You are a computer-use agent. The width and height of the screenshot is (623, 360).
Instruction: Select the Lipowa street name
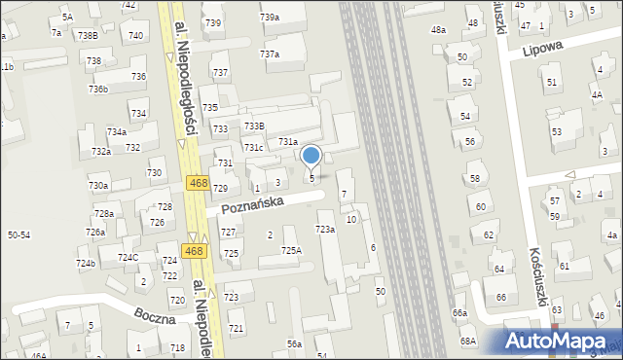tap(543, 49)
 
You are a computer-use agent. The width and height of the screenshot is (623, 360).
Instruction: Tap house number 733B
tap(254, 126)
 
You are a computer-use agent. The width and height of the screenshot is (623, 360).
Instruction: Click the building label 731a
tap(287, 142)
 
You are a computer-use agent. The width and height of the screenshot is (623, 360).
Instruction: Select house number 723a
tap(325, 230)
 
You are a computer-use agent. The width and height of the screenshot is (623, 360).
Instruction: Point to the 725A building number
tap(292, 251)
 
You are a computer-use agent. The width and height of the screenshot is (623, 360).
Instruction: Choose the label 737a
tap(270, 54)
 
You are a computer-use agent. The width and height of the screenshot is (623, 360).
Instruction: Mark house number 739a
tap(270, 18)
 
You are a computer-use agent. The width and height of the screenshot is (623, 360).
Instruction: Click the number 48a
tap(439, 30)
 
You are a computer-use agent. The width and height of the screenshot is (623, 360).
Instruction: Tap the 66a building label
tap(459, 313)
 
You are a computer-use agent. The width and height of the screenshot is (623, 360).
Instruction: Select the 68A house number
tap(468, 341)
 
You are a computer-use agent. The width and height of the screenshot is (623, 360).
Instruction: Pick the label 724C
tap(128, 258)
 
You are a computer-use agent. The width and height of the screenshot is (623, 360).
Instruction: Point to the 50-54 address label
tap(18, 235)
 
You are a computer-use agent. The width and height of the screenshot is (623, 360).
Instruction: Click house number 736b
tap(97, 90)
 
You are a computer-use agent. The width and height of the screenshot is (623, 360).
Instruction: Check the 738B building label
tap(88, 36)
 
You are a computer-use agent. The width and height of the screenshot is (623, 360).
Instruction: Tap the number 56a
tap(294, 344)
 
